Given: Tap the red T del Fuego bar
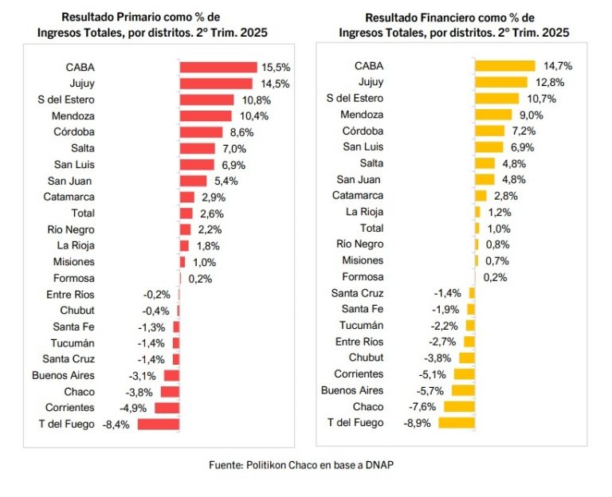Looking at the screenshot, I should click(x=158, y=424).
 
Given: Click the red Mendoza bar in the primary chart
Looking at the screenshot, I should click(x=206, y=115).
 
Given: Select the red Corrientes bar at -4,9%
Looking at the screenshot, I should click(x=167, y=408).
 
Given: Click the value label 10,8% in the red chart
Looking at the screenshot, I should click(x=256, y=100).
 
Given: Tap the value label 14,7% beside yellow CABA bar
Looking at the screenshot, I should click(x=558, y=65).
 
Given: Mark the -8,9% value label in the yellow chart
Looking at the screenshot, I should click(x=417, y=423).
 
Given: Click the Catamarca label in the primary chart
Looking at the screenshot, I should click(x=70, y=197).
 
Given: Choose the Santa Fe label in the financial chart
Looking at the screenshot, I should click(x=363, y=309).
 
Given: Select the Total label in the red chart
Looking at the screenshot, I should click(x=83, y=213).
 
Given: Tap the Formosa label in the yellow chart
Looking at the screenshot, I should click(x=363, y=276).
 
